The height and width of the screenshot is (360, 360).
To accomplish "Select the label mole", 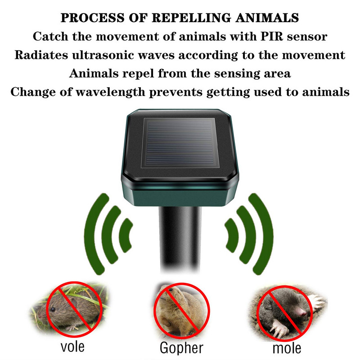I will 286,347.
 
